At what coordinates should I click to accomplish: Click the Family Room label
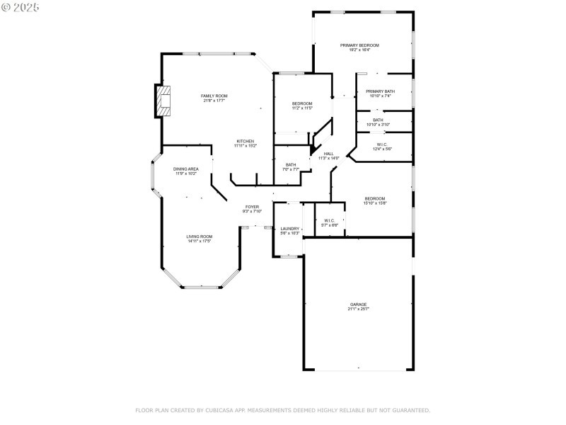pos(214,96)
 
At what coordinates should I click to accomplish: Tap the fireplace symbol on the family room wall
pos(163,101)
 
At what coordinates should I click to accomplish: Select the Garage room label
pos(358,305)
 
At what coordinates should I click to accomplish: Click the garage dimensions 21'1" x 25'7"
pos(358,310)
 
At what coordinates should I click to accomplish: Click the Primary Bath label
pos(380,91)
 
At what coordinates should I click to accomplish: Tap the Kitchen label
pos(246,141)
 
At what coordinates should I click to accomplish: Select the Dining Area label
pos(186,169)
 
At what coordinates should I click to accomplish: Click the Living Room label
pos(200,237)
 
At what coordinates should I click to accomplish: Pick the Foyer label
pos(253,206)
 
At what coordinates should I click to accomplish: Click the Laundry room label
pos(290,228)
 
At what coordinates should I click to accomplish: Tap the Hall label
pos(329,154)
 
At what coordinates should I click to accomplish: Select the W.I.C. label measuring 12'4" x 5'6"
pos(381,144)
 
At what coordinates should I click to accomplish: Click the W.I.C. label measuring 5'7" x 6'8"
pos(330,220)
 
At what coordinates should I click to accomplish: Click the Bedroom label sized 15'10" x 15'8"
pos(375,198)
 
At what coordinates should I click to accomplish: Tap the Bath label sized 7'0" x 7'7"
pos(291,165)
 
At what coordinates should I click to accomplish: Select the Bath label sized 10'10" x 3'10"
pos(379,120)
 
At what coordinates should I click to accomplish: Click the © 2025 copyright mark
pos(21,7)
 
